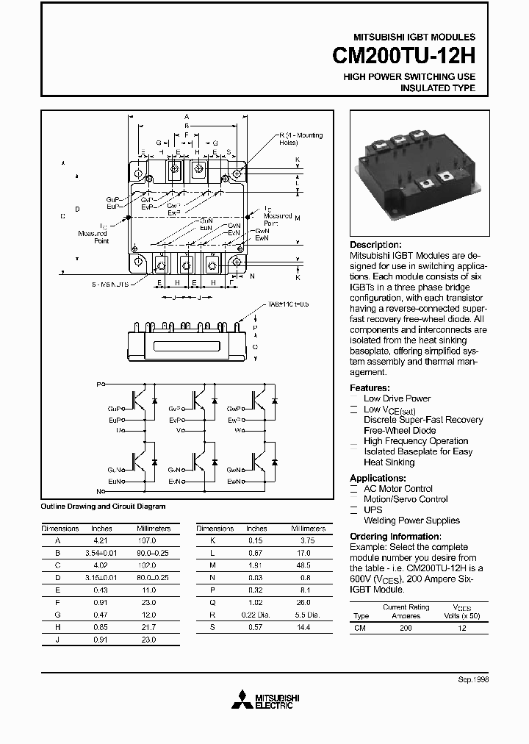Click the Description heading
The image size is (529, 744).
pyautogui.click(x=375, y=245)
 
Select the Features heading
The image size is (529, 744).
pyautogui.click(x=369, y=387)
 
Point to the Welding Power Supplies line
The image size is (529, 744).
pyautogui.click(x=411, y=521)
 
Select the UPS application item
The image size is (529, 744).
pyautogui.click(x=373, y=509)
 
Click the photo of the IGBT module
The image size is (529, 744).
pyautogui.click(x=416, y=174)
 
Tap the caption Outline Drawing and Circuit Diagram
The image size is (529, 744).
pyautogui.click(x=103, y=507)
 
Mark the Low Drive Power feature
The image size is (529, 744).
pyautogui.click(x=397, y=398)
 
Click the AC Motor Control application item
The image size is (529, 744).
pyautogui.click(x=398, y=489)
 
